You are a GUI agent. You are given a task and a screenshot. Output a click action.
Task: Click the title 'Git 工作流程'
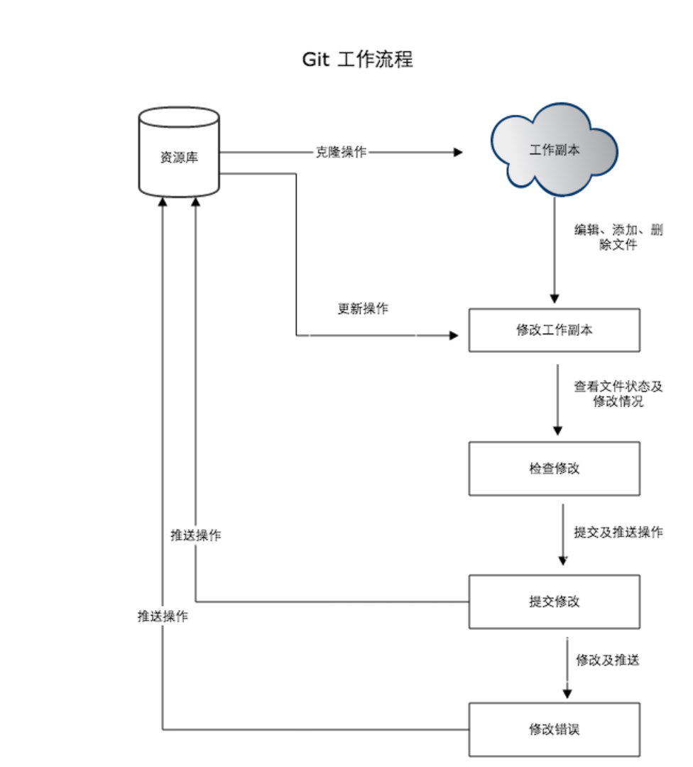(x=357, y=59)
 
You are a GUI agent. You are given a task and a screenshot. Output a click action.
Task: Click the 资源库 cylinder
(x=179, y=152)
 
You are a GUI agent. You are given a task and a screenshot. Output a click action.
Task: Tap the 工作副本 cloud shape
(x=554, y=149)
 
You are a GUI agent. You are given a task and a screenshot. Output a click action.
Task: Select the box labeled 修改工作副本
(x=554, y=330)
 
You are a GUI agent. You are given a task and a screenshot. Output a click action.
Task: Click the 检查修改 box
(x=554, y=469)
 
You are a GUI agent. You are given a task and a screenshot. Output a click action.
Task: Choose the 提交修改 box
(x=554, y=602)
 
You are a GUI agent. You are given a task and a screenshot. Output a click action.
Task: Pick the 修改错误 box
(x=554, y=730)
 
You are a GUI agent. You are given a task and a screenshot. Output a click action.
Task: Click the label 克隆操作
(x=341, y=152)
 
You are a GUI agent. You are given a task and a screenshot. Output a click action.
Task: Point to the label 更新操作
(x=363, y=309)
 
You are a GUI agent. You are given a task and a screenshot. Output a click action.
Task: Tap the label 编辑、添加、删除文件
(x=618, y=237)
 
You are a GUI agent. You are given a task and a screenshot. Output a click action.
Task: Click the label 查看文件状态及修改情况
(x=618, y=393)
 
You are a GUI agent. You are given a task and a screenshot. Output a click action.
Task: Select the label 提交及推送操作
(x=618, y=532)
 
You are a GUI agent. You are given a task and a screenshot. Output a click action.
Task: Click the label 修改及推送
(x=607, y=660)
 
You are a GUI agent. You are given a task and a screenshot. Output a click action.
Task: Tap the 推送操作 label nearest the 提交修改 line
(x=196, y=535)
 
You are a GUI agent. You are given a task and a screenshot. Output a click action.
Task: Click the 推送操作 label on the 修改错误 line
(x=163, y=616)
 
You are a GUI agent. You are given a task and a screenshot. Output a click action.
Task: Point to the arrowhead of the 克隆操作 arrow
(x=458, y=152)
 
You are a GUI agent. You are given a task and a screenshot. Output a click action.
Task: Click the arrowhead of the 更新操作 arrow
(x=454, y=335)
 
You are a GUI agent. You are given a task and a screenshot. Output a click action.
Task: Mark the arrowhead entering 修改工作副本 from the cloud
(x=554, y=299)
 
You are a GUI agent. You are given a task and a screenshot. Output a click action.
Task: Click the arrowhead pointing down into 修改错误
(x=567, y=694)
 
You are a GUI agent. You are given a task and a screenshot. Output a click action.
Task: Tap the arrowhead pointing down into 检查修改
(x=557, y=430)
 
